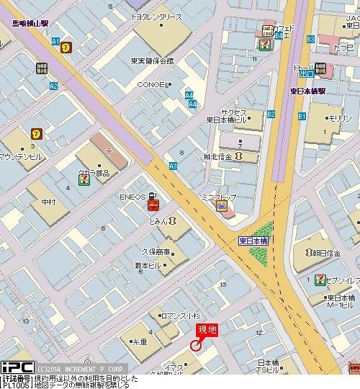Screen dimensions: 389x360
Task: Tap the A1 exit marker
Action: pyautogui.click(x=55, y=41)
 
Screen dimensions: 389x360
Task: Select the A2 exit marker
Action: pyautogui.click(x=53, y=86)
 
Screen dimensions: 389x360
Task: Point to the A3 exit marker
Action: pyautogui.click(x=173, y=166)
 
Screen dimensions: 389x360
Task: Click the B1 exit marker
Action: pyautogui.click(x=302, y=116)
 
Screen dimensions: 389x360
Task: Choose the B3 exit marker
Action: pyautogui.click(x=311, y=38)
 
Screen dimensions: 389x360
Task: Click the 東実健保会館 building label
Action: pyautogui.click(x=152, y=61)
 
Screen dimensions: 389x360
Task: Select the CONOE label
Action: pyautogui.click(x=152, y=84)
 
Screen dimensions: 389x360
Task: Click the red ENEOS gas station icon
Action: pyautogui.click(x=153, y=205)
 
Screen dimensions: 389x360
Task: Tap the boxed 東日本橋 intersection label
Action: pyautogui.click(x=254, y=241)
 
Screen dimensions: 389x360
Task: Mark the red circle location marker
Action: pyautogui.click(x=194, y=346)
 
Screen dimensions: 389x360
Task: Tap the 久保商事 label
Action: pyautogui.click(x=155, y=251)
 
